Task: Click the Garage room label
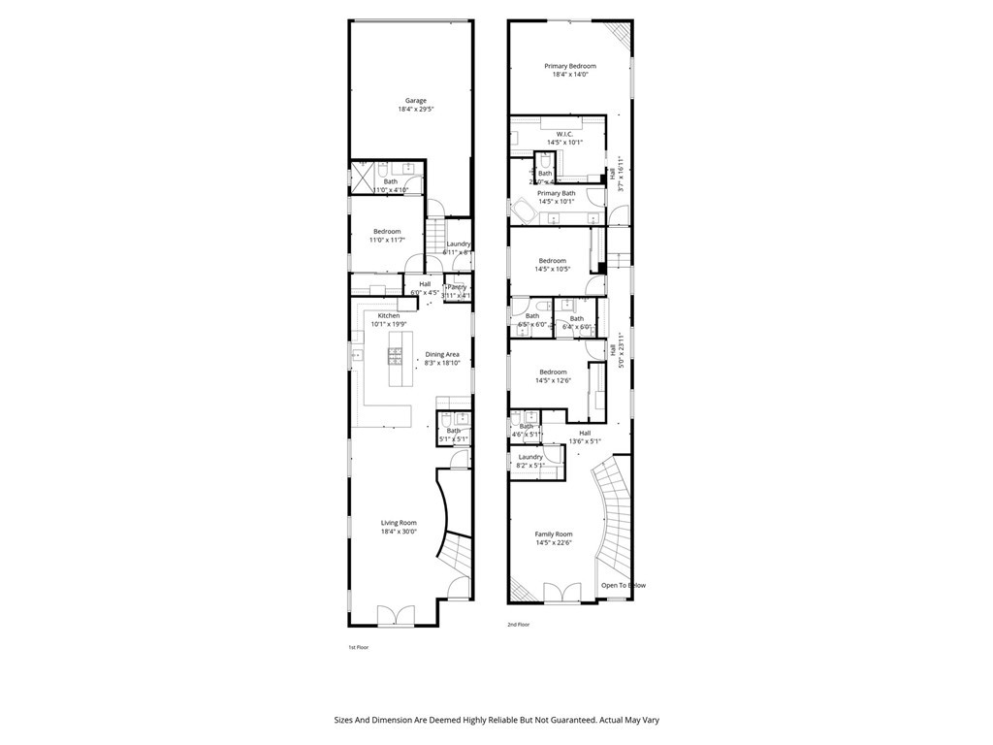(415, 101)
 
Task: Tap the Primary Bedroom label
(569, 66)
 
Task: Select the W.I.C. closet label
(564, 134)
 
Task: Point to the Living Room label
(399, 523)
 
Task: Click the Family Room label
(554, 534)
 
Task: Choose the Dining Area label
(441, 355)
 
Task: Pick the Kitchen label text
(389, 316)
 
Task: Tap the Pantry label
(456, 287)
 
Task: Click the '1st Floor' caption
(359, 647)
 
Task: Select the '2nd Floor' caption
(518, 625)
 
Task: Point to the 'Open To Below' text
(623, 585)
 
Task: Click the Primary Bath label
(556, 193)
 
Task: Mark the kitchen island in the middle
(396, 359)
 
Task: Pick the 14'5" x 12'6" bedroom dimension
(553, 381)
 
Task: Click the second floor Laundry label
(530, 457)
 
